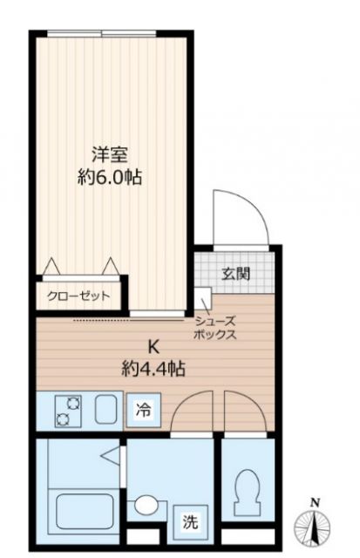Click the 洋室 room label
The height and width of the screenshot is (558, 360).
coord(111,156)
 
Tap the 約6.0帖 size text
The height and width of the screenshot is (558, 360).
coord(111,178)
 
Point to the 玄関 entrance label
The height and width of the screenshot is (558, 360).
coord(236,274)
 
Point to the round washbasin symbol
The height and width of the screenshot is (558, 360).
coord(145,505)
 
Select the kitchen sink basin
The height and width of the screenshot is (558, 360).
coord(107,409)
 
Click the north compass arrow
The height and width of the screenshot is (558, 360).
coord(316,527)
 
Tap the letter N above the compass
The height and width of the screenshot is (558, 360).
coord(316,502)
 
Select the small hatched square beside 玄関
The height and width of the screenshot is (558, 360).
coord(203,295)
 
